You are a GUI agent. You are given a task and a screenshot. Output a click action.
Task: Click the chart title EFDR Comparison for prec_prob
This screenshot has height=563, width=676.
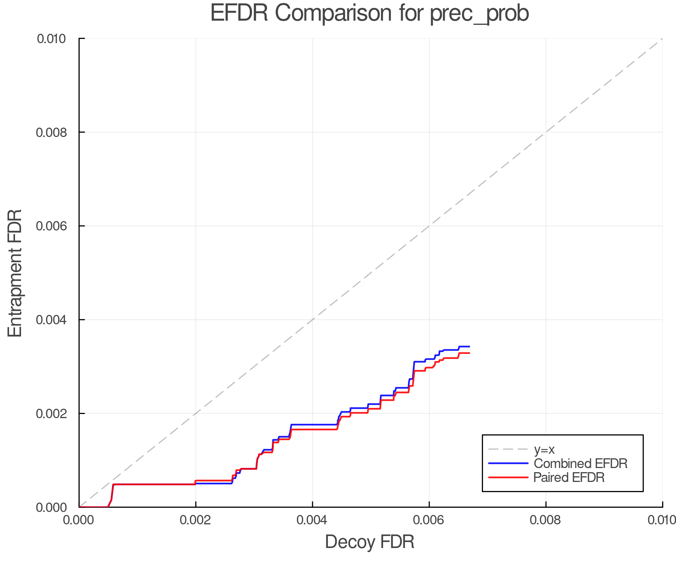pyautogui.click(x=370, y=14)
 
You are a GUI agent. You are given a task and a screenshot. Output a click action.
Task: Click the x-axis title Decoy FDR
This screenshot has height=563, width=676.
pyautogui.click(x=370, y=542)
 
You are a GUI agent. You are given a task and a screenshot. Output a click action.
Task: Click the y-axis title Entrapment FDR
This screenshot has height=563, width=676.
pyautogui.click(x=15, y=273)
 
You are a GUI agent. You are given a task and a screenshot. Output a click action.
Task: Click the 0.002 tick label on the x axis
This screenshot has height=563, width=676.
pyautogui.click(x=196, y=520)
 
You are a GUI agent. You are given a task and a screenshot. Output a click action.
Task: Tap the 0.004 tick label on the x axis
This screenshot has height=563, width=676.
pyautogui.click(x=312, y=520)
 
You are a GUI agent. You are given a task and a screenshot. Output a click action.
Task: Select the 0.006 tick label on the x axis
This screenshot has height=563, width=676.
pyautogui.click(x=429, y=520)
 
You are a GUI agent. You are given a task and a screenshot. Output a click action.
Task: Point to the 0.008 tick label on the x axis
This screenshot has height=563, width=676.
pyautogui.click(x=546, y=520)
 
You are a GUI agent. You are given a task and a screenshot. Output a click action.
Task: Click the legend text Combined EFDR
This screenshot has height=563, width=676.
pyautogui.click(x=580, y=464)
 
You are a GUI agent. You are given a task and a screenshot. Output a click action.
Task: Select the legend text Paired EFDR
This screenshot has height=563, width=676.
pyautogui.click(x=569, y=477)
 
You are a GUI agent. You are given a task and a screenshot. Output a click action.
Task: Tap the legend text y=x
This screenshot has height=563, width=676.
pyautogui.click(x=544, y=450)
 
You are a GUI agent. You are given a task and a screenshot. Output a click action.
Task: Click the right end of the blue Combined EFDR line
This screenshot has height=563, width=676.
pyautogui.click(x=469, y=346)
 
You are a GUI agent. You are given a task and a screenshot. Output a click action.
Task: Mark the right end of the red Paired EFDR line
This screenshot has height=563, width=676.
pyautogui.click(x=469, y=353)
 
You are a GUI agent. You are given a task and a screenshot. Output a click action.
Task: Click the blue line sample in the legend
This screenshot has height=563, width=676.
pyautogui.click(x=508, y=464)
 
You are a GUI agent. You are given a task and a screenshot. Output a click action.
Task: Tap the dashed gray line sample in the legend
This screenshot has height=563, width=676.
pyautogui.click(x=508, y=449)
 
